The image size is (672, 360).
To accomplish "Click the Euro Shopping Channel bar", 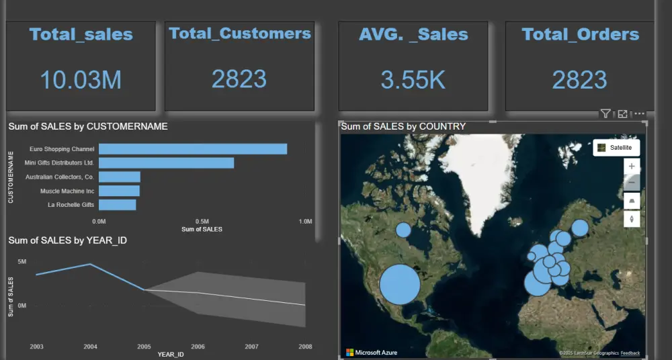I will (x=193, y=149).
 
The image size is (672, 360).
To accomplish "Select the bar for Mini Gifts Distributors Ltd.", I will (x=166, y=163).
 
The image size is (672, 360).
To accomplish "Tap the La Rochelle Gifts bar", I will (x=118, y=205).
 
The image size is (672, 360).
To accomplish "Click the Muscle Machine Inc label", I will (x=67, y=191).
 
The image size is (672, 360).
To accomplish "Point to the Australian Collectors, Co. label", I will (x=60, y=177).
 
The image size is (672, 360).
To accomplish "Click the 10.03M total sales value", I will (x=81, y=80).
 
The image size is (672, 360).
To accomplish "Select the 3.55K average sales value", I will (x=413, y=80).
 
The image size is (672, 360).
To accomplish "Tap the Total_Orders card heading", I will (x=580, y=34).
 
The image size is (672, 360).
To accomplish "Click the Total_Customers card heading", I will (x=240, y=34).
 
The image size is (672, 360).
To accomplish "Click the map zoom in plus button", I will (x=632, y=166).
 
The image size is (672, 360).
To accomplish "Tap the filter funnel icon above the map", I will (x=605, y=114).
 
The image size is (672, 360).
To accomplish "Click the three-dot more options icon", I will (x=639, y=114).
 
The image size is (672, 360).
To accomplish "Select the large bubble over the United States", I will (x=400, y=284).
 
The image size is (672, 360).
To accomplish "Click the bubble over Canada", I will (x=403, y=230).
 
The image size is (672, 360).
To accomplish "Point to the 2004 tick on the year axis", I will (x=90, y=346).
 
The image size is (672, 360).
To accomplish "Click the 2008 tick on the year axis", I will (x=305, y=346).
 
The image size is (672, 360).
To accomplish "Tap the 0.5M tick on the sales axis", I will (x=202, y=221).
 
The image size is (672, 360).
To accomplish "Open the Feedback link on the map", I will (x=630, y=353).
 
